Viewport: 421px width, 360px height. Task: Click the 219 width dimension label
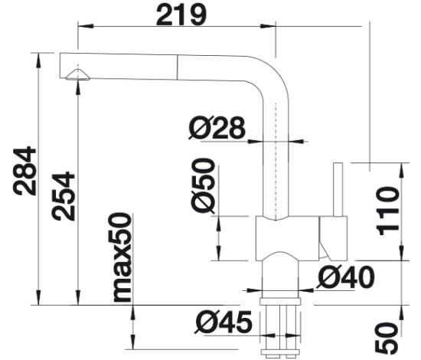(181, 15)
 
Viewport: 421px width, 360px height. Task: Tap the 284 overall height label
(24, 171)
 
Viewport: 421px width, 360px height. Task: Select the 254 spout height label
(64, 196)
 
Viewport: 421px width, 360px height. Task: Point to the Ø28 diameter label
(217, 128)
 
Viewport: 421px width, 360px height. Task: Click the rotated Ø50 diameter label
(204, 185)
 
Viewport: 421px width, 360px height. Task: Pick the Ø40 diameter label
(345, 277)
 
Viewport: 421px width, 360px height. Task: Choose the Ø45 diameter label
(224, 322)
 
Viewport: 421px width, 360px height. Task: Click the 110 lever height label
(388, 211)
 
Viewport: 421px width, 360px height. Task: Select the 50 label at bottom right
(387, 338)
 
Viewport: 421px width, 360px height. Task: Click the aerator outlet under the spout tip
(77, 75)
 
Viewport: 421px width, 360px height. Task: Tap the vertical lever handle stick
(338, 189)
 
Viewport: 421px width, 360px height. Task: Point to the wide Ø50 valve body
(288, 238)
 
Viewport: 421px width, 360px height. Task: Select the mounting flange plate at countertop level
(279, 302)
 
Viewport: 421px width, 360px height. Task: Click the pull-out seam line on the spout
(178, 67)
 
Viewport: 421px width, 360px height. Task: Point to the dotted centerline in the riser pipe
(276, 161)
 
